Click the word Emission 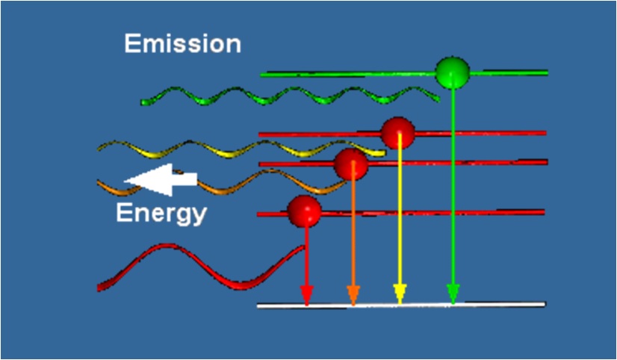(182, 43)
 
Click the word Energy (161, 214)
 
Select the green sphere (453, 72)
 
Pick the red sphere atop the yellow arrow (397, 133)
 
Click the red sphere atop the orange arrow (351, 164)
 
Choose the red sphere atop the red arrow (304, 211)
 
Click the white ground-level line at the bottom (486, 305)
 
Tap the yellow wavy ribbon (224, 149)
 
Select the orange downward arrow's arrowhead (353, 297)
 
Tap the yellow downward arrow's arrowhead (400, 297)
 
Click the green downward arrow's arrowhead (452, 297)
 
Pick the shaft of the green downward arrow (453, 187)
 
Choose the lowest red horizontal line (448, 213)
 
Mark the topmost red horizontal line (486, 133)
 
